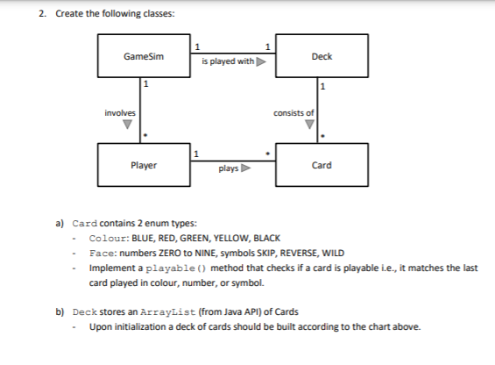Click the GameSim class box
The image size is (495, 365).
[x=144, y=56]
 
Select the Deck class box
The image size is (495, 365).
[x=322, y=56]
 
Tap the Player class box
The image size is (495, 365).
[x=144, y=165]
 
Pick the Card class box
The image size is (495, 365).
[x=322, y=165]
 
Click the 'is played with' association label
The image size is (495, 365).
[x=226, y=62]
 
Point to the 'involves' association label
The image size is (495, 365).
[x=119, y=112]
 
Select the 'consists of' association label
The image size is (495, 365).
[x=293, y=113]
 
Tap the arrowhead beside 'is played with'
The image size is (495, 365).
[x=260, y=62]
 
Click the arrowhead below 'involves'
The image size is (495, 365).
[x=129, y=125]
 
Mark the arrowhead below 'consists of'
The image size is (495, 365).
[x=308, y=125]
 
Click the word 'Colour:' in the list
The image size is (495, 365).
[x=110, y=238]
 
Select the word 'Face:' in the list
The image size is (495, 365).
[x=104, y=252]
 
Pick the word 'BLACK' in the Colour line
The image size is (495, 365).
[x=267, y=238]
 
